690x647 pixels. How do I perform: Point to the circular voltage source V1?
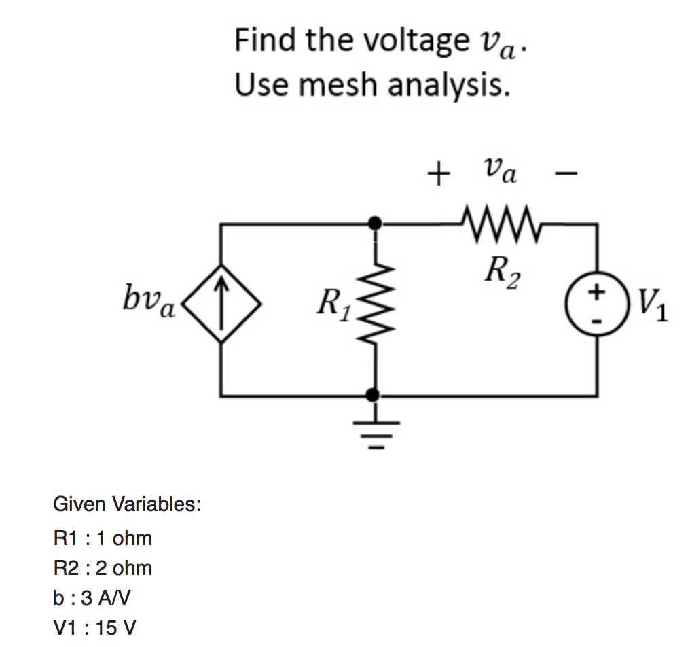(x=598, y=305)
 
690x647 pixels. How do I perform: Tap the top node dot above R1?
(x=373, y=222)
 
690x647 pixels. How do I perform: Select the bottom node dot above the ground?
(x=373, y=394)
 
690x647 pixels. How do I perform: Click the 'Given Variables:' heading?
(x=127, y=504)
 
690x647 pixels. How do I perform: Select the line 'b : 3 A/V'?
(x=92, y=598)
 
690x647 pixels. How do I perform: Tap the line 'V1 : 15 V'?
(x=94, y=627)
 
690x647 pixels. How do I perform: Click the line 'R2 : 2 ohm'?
(x=103, y=568)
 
